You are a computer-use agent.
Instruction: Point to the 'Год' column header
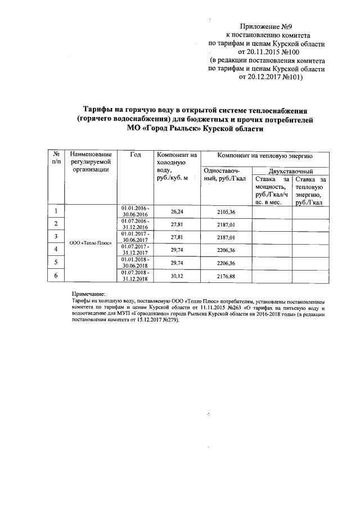135,155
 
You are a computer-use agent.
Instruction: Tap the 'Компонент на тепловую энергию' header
265,155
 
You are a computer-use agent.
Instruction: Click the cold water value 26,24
177,212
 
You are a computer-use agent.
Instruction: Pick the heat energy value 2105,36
226,212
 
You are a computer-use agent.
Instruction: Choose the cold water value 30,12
177,276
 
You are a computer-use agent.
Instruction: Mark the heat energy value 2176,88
226,276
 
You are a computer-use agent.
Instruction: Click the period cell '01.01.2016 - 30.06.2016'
135,211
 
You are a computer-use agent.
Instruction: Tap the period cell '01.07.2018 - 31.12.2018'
135,276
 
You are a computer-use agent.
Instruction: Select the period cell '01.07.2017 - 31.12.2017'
135,250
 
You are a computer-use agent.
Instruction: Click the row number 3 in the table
56,235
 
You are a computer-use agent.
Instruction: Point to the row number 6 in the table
56,274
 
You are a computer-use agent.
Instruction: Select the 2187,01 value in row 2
226,224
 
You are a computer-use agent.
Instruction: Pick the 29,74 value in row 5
177,263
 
